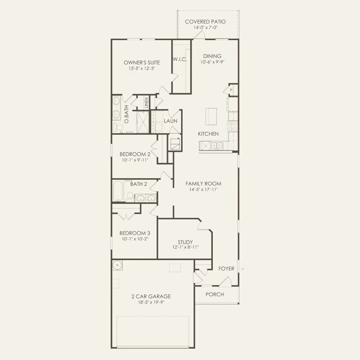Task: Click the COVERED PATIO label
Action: pos(205,21)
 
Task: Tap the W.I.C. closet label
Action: pos(180,59)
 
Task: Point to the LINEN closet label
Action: pos(146,102)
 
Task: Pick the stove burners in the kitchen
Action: pos(233,126)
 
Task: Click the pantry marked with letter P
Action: pos(231,90)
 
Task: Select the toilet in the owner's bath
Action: pos(121,128)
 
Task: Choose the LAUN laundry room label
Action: pos(171,121)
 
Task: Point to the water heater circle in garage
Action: pos(118,266)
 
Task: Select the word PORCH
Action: pos(215,294)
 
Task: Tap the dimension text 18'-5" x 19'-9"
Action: pos(151,302)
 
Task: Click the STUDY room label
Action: pos(185,242)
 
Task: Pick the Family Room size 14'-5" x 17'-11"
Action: pos(203,189)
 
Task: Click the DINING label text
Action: pos(212,56)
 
